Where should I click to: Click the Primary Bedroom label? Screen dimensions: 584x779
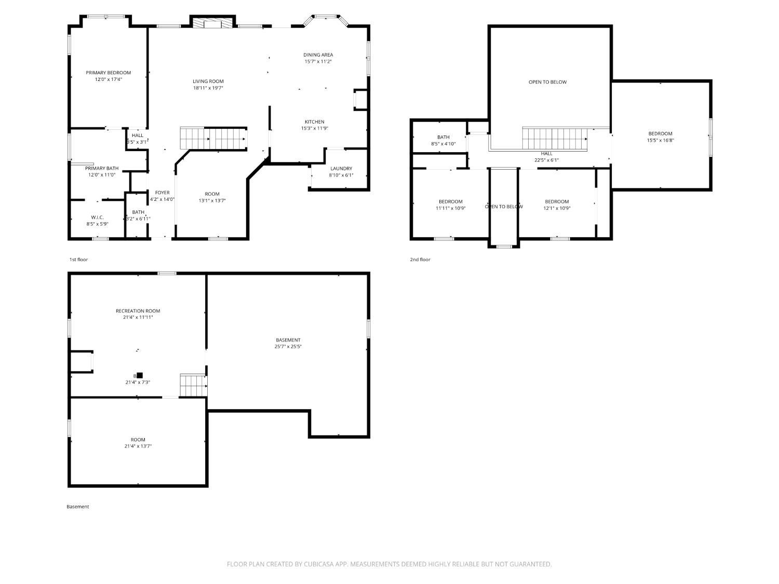click(108, 73)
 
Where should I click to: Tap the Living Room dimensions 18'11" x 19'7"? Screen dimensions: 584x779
click(208, 88)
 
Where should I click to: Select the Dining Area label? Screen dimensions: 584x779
click(318, 55)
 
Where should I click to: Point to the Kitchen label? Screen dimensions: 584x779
click(314, 122)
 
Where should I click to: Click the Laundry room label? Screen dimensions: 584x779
click(341, 169)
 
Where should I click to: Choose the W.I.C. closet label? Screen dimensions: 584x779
click(97, 218)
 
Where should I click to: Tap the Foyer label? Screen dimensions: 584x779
click(162, 193)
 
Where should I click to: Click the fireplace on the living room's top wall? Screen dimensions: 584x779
click(212, 23)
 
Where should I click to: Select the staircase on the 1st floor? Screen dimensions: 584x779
click(213, 138)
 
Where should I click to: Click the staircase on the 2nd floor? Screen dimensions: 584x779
click(554, 139)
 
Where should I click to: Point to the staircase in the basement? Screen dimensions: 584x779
click(193, 385)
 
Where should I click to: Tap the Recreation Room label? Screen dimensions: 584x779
click(138, 311)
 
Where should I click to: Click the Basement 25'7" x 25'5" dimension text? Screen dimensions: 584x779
click(288, 347)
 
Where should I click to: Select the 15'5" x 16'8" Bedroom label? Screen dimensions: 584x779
click(660, 134)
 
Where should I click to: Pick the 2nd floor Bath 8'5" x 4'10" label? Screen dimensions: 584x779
click(443, 138)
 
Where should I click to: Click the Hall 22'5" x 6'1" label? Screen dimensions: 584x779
click(546, 154)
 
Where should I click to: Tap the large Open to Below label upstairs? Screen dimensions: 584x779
click(547, 82)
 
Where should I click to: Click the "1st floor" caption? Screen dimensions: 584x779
click(78, 260)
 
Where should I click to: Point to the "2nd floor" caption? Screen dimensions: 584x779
click(420, 260)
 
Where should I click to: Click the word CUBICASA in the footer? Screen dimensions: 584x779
click(319, 564)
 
